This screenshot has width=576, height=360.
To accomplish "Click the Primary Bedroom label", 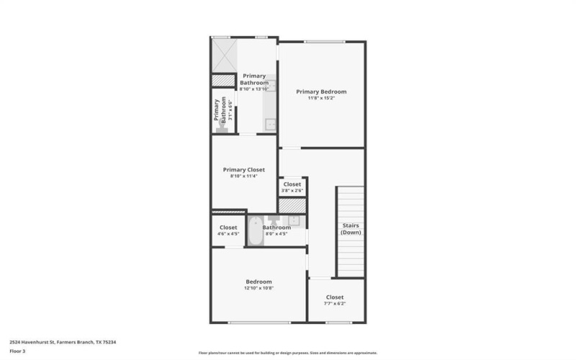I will (x=321, y=91).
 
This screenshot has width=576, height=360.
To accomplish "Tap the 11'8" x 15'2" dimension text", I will (x=321, y=98).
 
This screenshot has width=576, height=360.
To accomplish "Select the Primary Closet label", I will (x=243, y=169).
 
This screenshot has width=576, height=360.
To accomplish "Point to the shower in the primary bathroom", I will (x=223, y=54).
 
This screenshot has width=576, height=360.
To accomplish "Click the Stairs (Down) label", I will (x=351, y=229).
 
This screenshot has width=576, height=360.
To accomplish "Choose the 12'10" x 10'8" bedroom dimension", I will (x=258, y=288).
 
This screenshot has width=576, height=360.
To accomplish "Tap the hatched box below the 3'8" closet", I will (x=292, y=205).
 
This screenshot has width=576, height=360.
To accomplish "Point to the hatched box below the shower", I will (x=223, y=80).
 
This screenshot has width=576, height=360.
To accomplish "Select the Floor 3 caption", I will (x=17, y=351).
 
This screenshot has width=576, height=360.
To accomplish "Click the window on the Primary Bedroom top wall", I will (x=321, y=42).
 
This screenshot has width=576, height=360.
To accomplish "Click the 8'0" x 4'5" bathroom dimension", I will (x=276, y=233).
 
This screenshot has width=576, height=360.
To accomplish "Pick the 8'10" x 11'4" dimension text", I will (x=243, y=176).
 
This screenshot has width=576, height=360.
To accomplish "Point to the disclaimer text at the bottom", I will (x=287, y=353).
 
